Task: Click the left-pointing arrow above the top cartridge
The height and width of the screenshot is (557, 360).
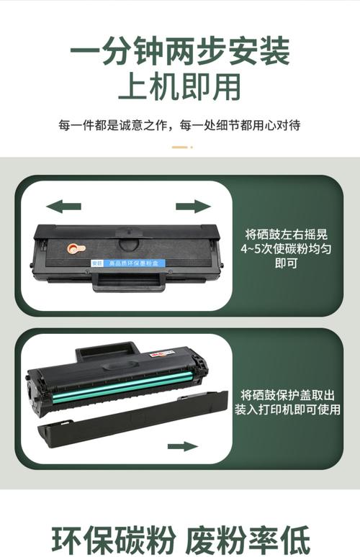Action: pyautogui.click(x=63, y=207)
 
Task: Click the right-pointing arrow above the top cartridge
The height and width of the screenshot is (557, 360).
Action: pyautogui.click(x=193, y=207)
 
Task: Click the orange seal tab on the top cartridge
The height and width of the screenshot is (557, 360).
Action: pyautogui.click(x=73, y=248)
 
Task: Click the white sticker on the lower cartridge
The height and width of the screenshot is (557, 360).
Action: pyautogui.click(x=163, y=354)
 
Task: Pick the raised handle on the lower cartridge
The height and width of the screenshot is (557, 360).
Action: pyautogui.click(x=107, y=351)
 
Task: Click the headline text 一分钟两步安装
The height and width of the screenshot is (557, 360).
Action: pyautogui.click(x=180, y=52)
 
